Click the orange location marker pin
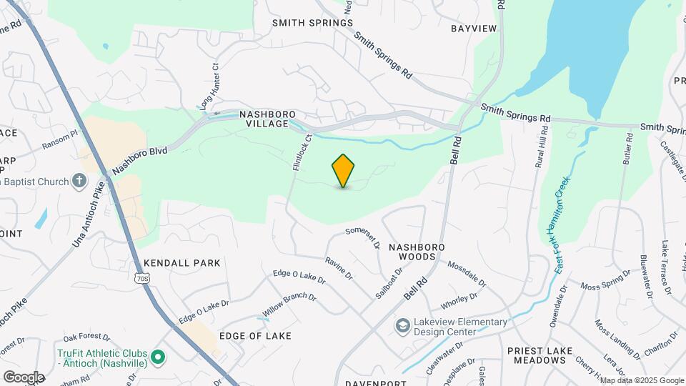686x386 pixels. click(x=344, y=171)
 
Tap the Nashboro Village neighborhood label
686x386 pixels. click(x=267, y=118)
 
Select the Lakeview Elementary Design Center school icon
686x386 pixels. click(x=402, y=326)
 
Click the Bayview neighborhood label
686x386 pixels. click(x=473, y=29)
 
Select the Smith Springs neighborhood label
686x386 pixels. click(x=312, y=23)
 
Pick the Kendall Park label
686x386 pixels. click(x=182, y=263)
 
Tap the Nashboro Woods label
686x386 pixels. click(x=417, y=251)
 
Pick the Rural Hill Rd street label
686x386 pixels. click(x=542, y=147)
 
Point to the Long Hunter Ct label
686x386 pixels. click(x=209, y=86)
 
